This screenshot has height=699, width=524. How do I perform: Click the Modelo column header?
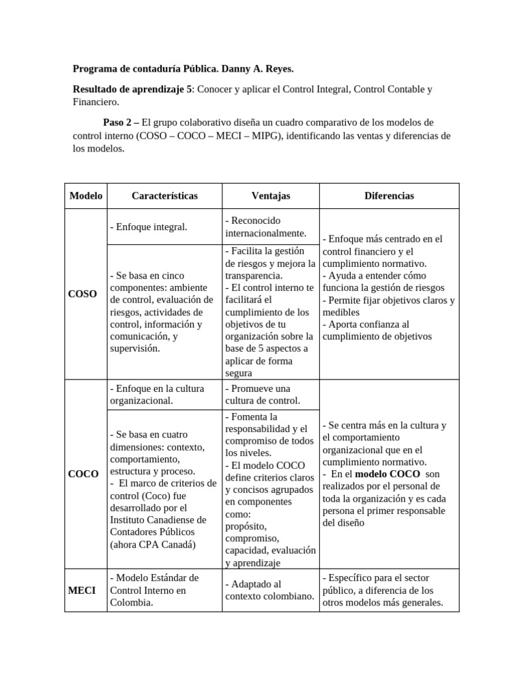tap(86, 196)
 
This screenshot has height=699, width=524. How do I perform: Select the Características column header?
tap(164, 196)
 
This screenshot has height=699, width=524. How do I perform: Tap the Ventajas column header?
tap(270, 196)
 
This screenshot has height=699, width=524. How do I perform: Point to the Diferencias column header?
tap(389, 196)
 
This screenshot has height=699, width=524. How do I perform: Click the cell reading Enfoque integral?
tap(148, 227)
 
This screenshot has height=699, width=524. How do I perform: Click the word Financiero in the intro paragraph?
tap(96, 102)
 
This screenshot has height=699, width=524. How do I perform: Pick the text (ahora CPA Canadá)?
tap(152, 545)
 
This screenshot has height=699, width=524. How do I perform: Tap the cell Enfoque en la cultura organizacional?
tap(157, 395)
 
